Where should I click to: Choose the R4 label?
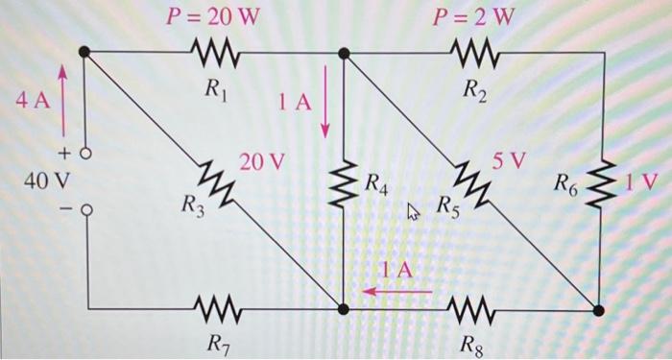coord(376,184)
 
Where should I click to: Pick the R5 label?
coord(448,204)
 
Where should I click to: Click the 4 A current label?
coord(31,100)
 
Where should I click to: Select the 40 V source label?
coord(47,179)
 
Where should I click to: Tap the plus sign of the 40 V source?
coord(66,154)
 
